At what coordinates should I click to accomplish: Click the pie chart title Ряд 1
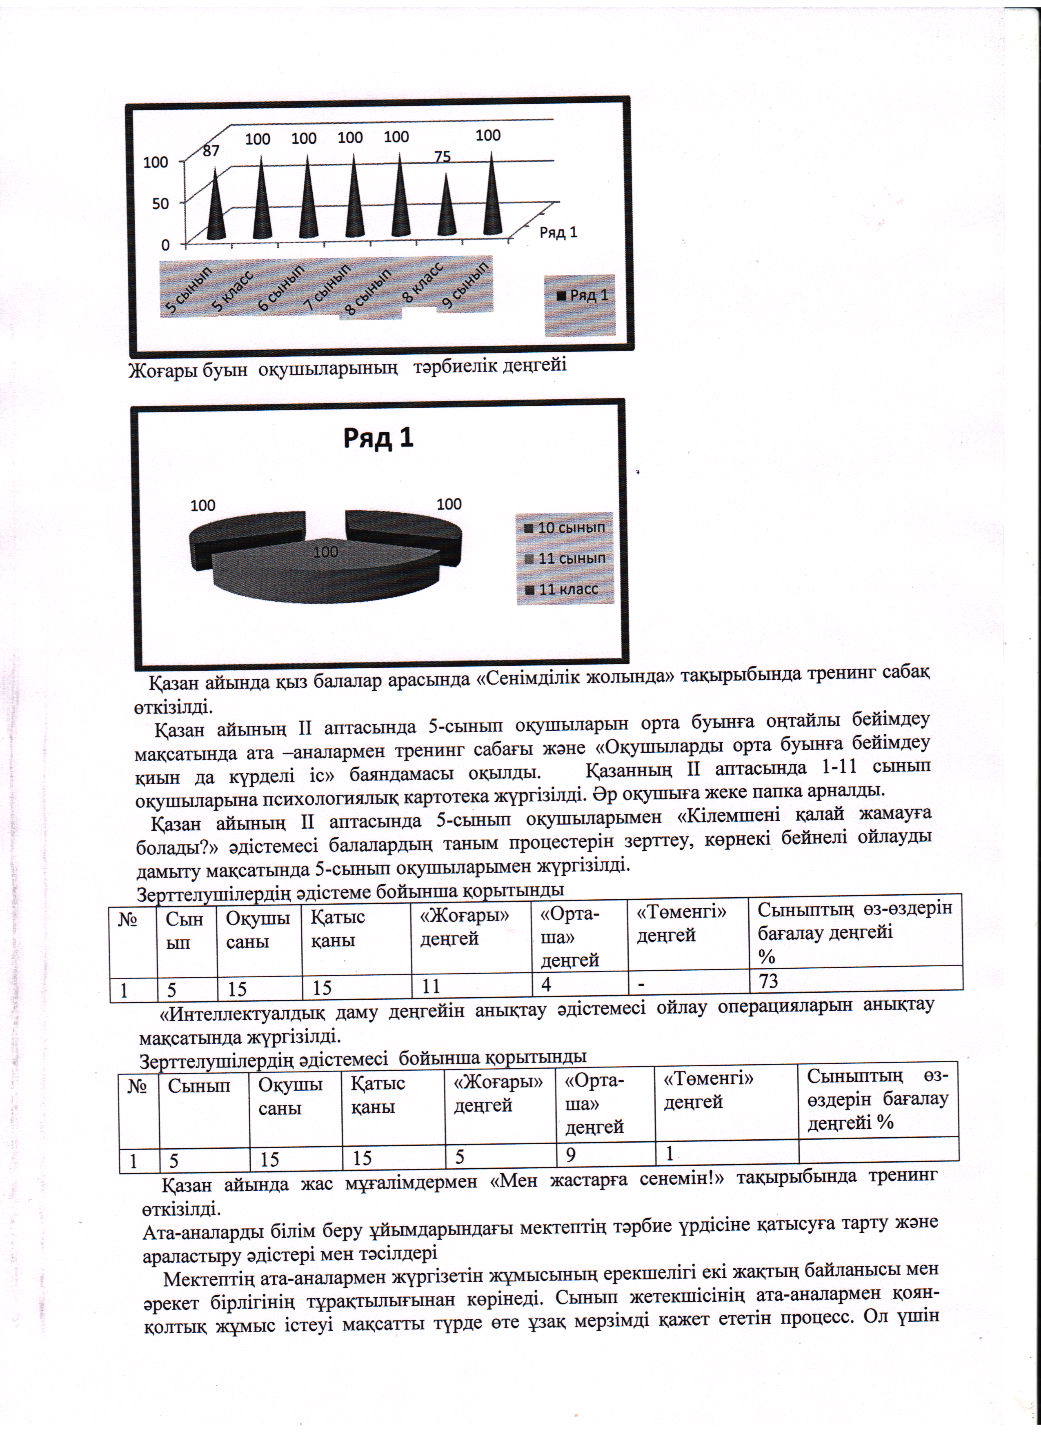378,438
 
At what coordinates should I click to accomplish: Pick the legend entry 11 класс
561,589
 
